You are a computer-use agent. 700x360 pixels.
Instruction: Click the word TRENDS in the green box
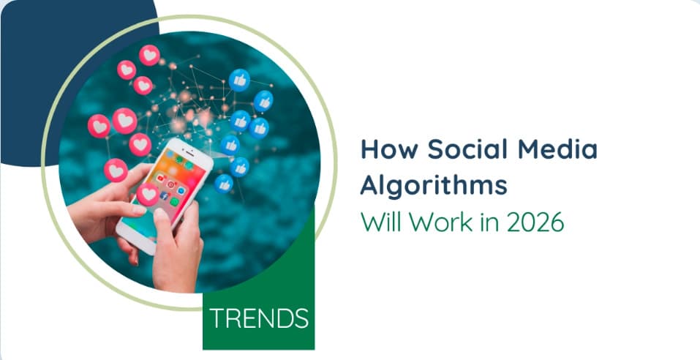coord(259,318)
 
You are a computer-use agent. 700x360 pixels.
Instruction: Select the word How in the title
coord(388,149)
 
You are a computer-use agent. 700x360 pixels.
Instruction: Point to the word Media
coord(557,149)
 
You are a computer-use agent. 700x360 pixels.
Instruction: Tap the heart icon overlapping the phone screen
coord(148,195)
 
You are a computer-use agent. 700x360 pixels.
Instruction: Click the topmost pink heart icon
coord(149,56)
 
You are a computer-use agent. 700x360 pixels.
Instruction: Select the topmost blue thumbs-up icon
coord(240,80)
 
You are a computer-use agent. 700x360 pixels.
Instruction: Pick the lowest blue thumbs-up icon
coord(223,184)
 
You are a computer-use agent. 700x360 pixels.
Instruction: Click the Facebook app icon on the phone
coord(164,195)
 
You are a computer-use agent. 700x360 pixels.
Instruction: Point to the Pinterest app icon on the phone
coord(170,184)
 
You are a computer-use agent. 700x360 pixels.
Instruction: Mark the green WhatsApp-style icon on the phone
coord(174,202)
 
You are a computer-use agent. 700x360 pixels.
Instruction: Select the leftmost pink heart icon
coord(99,126)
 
